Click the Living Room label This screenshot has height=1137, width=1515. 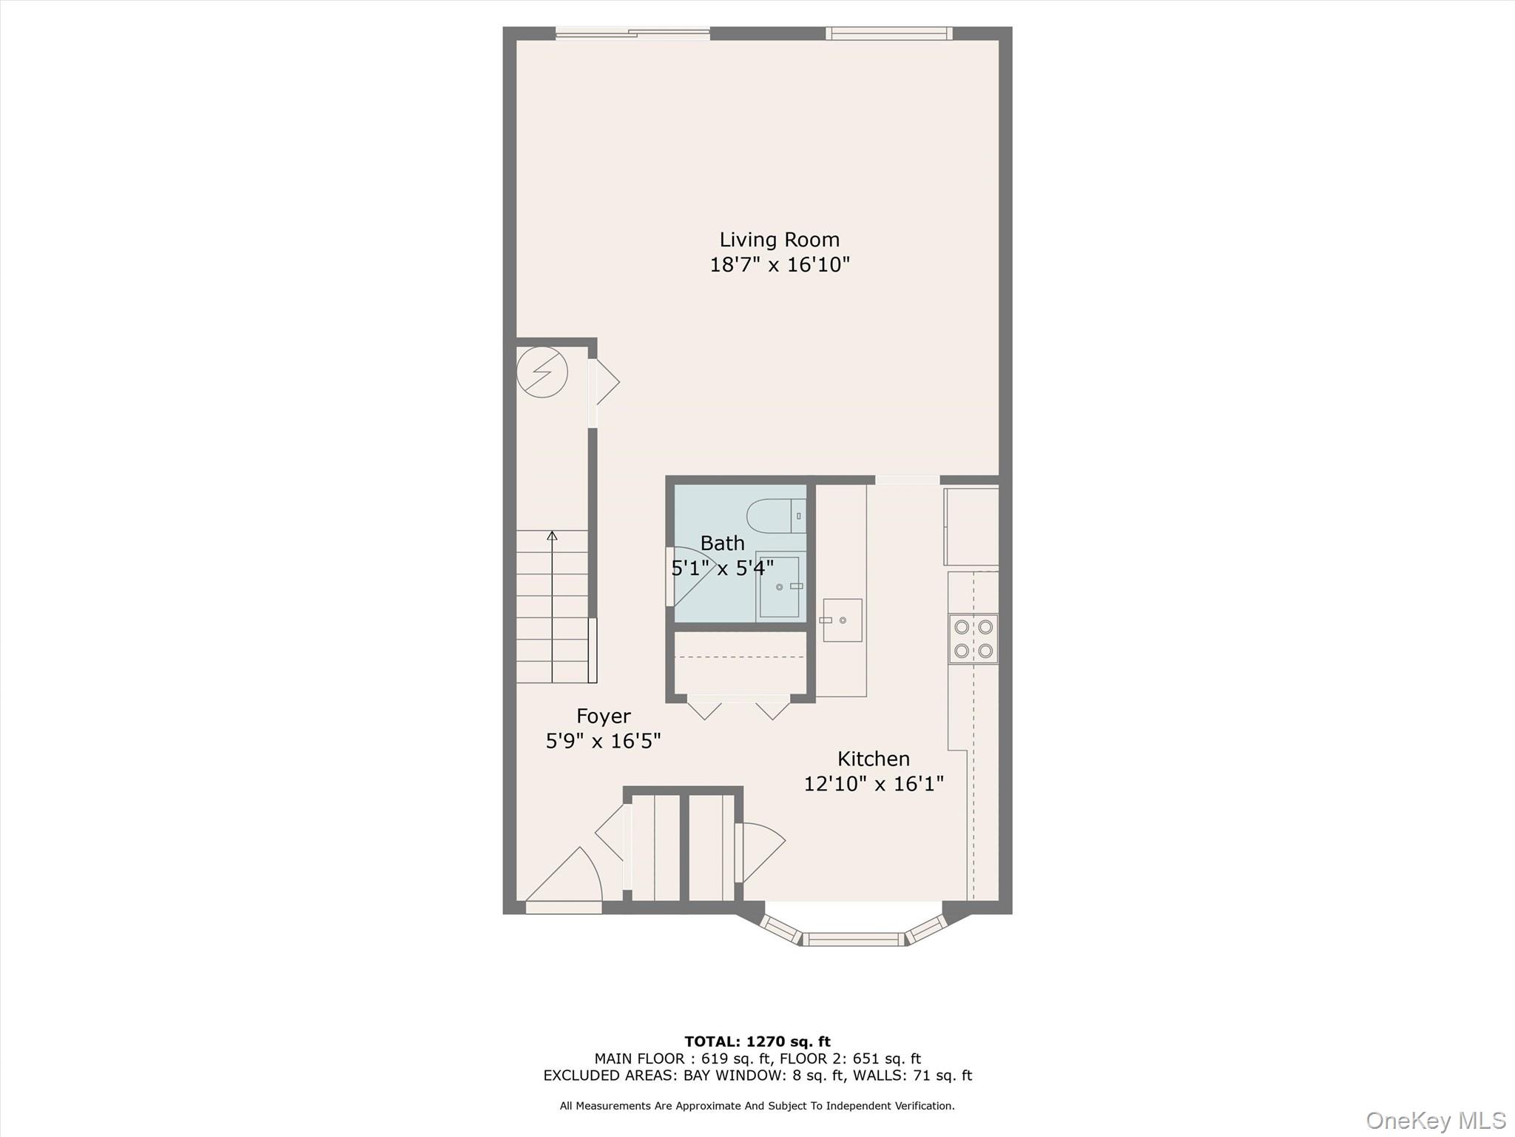(x=779, y=240)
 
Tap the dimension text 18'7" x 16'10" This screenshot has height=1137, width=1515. (x=779, y=265)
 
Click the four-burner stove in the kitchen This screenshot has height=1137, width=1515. (x=973, y=638)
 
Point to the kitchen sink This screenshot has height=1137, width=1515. (x=843, y=620)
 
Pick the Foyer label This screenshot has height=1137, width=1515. (x=603, y=717)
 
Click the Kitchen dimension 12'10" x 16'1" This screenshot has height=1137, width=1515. (x=874, y=784)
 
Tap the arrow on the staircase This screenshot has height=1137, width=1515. (x=552, y=536)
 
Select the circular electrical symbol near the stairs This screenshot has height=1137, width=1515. (x=541, y=372)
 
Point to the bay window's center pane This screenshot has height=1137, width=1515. (x=854, y=939)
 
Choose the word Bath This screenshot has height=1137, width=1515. (x=722, y=543)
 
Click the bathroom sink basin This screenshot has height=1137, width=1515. (x=779, y=586)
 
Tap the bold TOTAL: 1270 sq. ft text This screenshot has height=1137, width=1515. (x=757, y=1042)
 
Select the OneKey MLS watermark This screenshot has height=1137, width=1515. (x=1435, y=1121)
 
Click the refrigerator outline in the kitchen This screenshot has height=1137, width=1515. (x=971, y=526)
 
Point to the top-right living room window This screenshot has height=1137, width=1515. (x=888, y=33)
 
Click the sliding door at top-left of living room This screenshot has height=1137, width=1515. (x=632, y=33)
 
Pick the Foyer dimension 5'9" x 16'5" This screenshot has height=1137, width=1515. (x=603, y=741)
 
